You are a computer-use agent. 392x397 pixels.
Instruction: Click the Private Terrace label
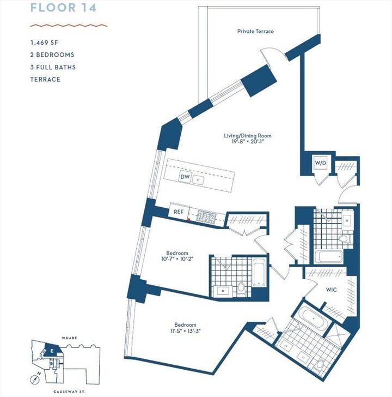click(x=255, y=32)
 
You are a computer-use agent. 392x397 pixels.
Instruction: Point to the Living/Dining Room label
click(x=247, y=136)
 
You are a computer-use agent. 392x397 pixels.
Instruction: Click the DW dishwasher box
click(x=185, y=178)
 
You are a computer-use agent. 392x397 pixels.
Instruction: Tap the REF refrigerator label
click(x=178, y=212)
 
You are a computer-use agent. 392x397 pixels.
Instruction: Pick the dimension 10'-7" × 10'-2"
click(x=177, y=260)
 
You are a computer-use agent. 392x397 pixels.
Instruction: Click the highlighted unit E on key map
click(x=52, y=351)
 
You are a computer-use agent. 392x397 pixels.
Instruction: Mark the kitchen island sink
click(x=200, y=178)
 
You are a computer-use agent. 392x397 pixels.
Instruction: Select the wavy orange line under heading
click(x=69, y=25)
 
